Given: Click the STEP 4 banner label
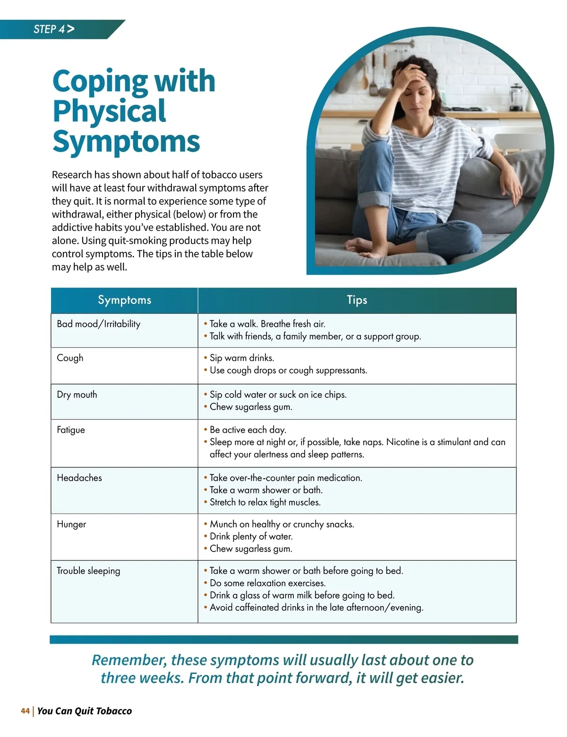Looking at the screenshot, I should click(53, 29).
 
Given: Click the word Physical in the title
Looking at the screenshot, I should click(109, 111).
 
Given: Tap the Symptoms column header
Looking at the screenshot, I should click(124, 300).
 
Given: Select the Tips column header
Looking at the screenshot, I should click(357, 300).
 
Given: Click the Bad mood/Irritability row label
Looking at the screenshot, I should click(98, 324).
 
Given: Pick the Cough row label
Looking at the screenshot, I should click(70, 358).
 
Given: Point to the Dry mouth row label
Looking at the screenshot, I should click(77, 395).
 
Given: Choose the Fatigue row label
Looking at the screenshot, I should click(71, 430).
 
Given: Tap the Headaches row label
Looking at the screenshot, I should click(79, 478).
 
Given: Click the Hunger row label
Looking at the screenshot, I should click(71, 524).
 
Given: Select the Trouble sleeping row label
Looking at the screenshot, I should click(88, 571).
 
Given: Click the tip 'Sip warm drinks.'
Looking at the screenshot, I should click(241, 358).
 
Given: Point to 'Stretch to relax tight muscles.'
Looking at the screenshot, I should click(265, 502).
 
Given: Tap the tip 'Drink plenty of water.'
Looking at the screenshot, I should click(251, 536).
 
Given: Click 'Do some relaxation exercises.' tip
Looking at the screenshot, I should click(267, 583).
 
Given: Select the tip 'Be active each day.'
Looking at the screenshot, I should click(248, 430).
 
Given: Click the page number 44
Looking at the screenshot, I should click(25, 711).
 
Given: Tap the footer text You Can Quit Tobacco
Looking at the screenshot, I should click(85, 711).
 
